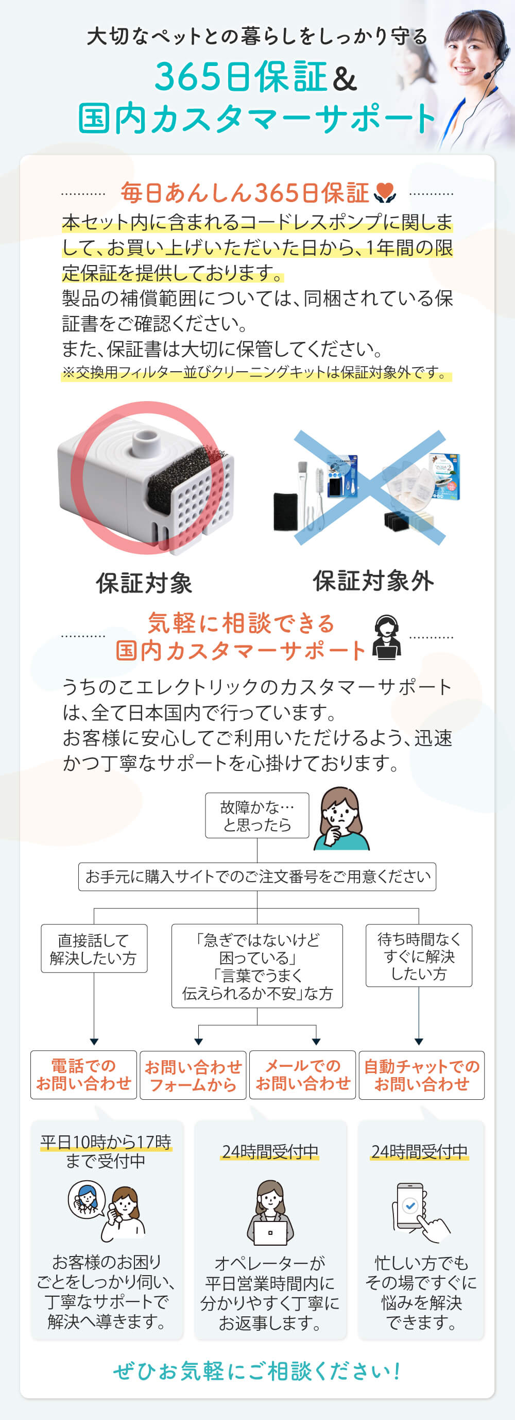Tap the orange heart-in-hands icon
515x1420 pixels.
(x=385, y=193)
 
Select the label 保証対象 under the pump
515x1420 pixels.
(x=144, y=583)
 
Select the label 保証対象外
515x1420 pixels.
(x=373, y=581)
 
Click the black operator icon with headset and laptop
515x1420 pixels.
(x=386, y=637)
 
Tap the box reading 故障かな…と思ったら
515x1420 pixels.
(x=257, y=815)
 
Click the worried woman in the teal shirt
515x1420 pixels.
(x=342, y=819)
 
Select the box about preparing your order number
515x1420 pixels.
(x=257, y=877)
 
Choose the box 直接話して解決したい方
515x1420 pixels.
(x=94, y=948)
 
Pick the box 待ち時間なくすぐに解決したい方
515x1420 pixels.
(x=419, y=955)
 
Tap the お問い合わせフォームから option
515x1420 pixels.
(x=193, y=1076)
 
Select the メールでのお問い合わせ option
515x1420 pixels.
(x=302, y=1075)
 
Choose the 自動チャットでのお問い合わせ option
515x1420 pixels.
(x=422, y=1076)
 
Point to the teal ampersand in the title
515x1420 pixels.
(x=346, y=78)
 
